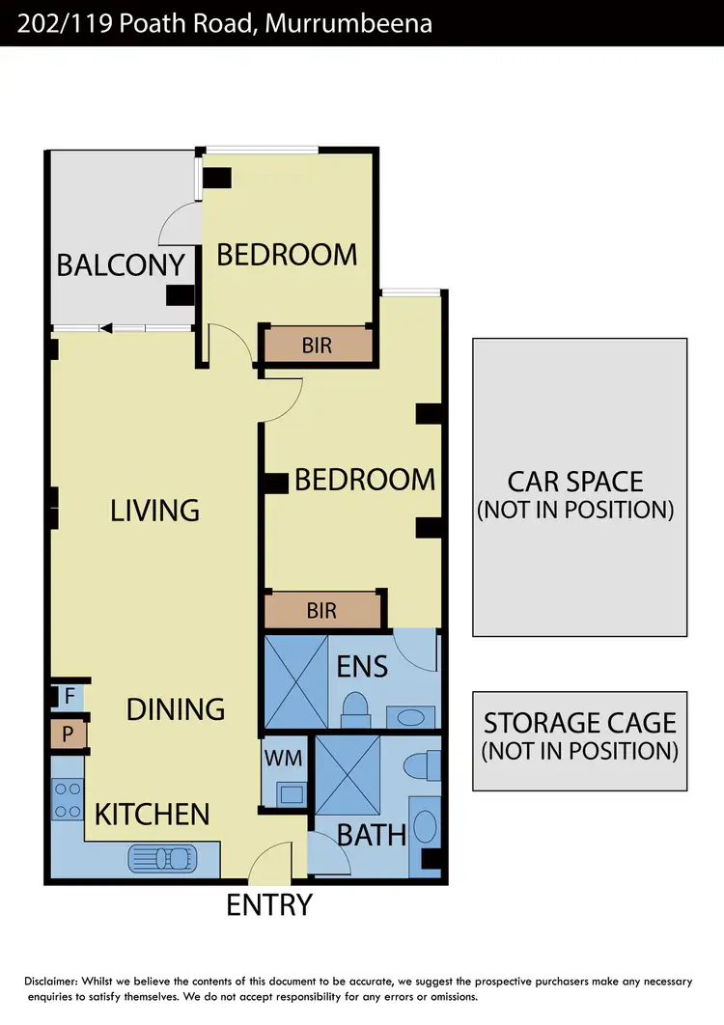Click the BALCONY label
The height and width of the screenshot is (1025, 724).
[121, 264]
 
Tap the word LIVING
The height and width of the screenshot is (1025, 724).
[154, 510]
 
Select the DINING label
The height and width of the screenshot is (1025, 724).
[176, 709]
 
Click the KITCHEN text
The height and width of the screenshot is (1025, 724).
[152, 814]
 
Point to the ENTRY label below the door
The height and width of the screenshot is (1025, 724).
[269, 905]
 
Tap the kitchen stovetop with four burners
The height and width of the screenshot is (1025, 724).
[68, 800]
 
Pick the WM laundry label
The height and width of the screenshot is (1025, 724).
[284, 759]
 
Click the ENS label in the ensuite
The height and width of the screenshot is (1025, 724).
[362, 666]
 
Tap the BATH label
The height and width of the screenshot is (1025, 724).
[372, 834]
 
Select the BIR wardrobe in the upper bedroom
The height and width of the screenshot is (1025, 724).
[317, 345]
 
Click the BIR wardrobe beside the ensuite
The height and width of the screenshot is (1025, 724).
[321, 611]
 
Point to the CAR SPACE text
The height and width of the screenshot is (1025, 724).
[575, 481]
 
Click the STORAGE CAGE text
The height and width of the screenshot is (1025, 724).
[580, 723]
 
